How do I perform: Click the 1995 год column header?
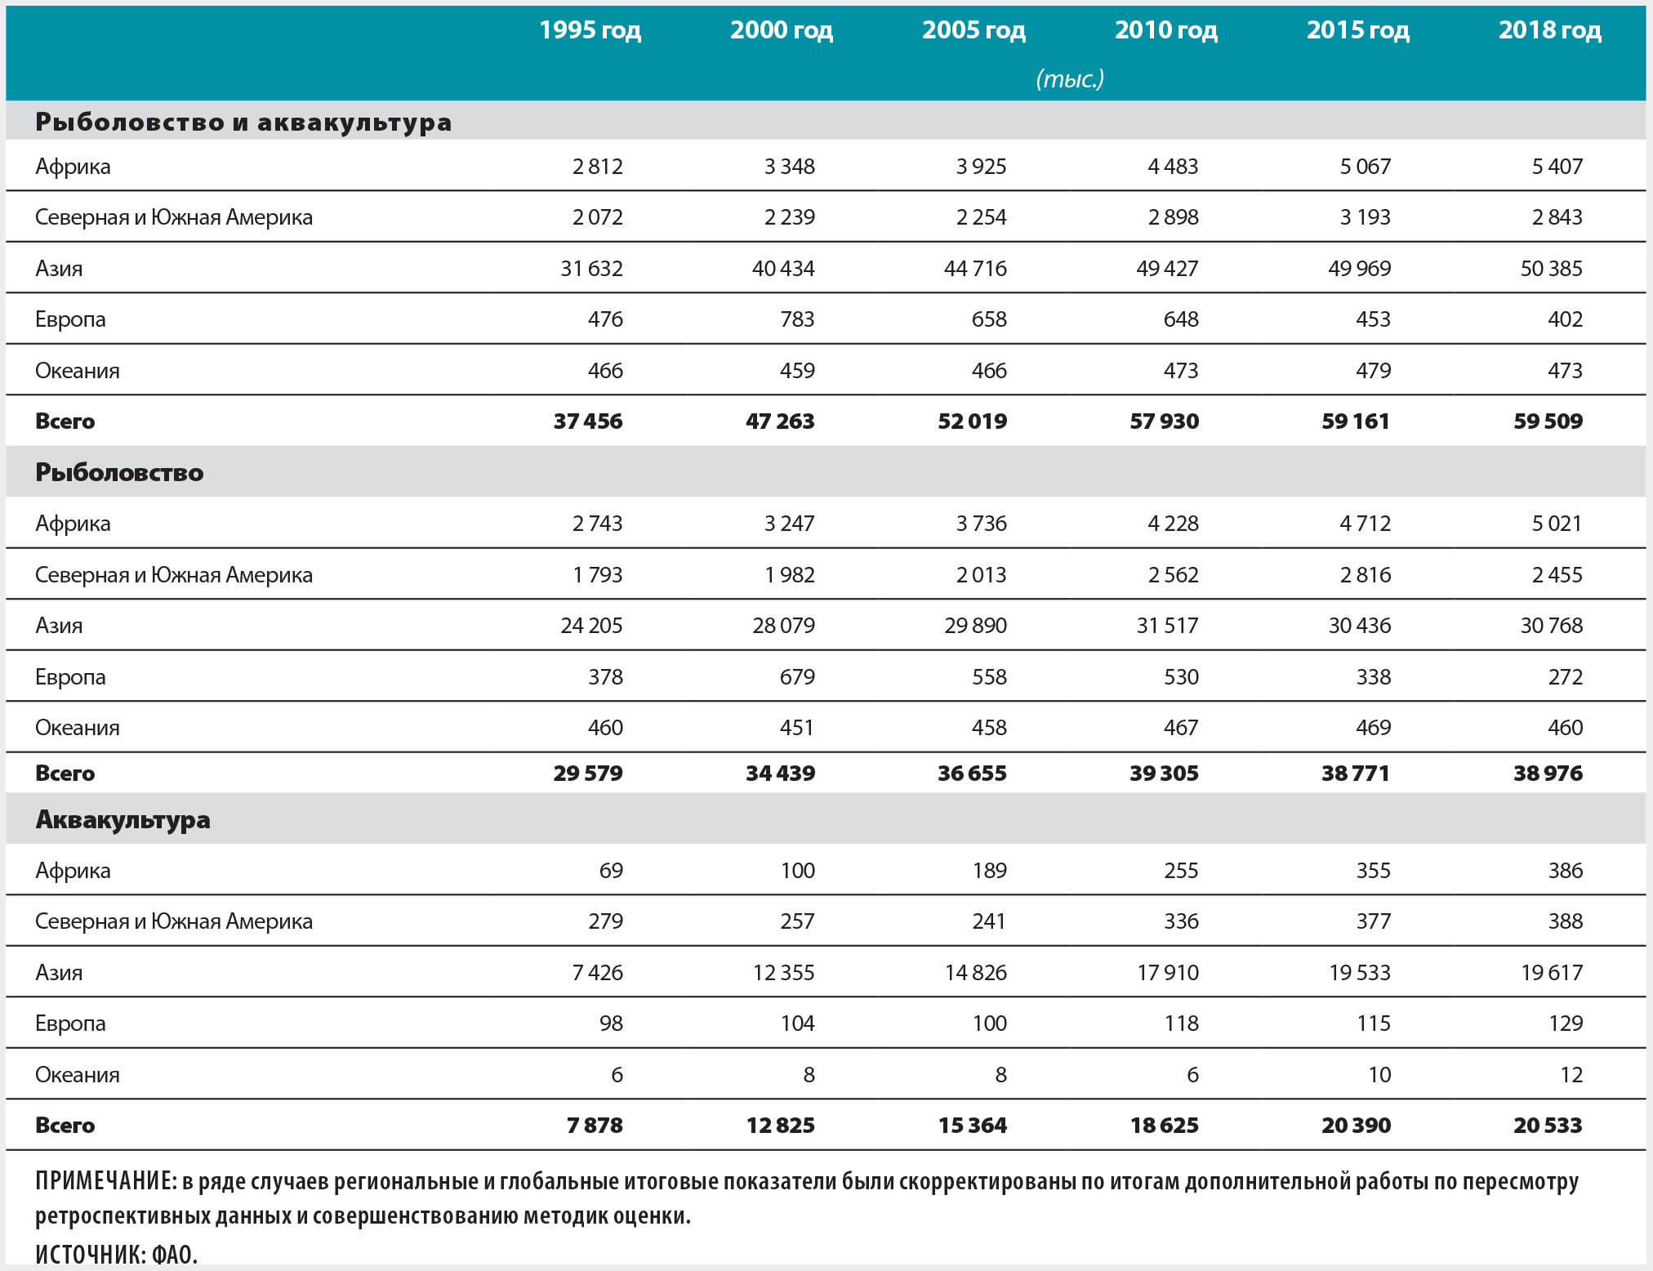coord(590,30)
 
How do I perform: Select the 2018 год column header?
coord(1549,30)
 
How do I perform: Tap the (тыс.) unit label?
coord(1070,78)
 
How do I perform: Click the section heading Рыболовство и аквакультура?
coord(243,122)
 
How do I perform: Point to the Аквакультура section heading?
coord(123,819)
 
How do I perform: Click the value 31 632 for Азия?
coord(591,268)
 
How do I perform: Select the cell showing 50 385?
coord(1551,268)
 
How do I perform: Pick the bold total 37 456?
coord(588,421)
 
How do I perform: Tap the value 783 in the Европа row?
coord(797,319)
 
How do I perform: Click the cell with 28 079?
coord(783,626)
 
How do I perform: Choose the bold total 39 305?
coord(1164,773)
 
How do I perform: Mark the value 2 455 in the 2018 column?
coord(1557,575)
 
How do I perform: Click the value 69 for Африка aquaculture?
coord(611,871)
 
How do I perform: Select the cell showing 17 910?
coord(1168,973)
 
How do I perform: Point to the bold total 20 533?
coord(1548,1126)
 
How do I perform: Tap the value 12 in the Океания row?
coord(1571,1075)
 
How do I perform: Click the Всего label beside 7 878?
coord(65,1126)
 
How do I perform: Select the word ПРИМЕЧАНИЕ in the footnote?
coord(105,1181)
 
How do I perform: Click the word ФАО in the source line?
coord(174,1255)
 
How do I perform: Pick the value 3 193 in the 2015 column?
coord(1365,217)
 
